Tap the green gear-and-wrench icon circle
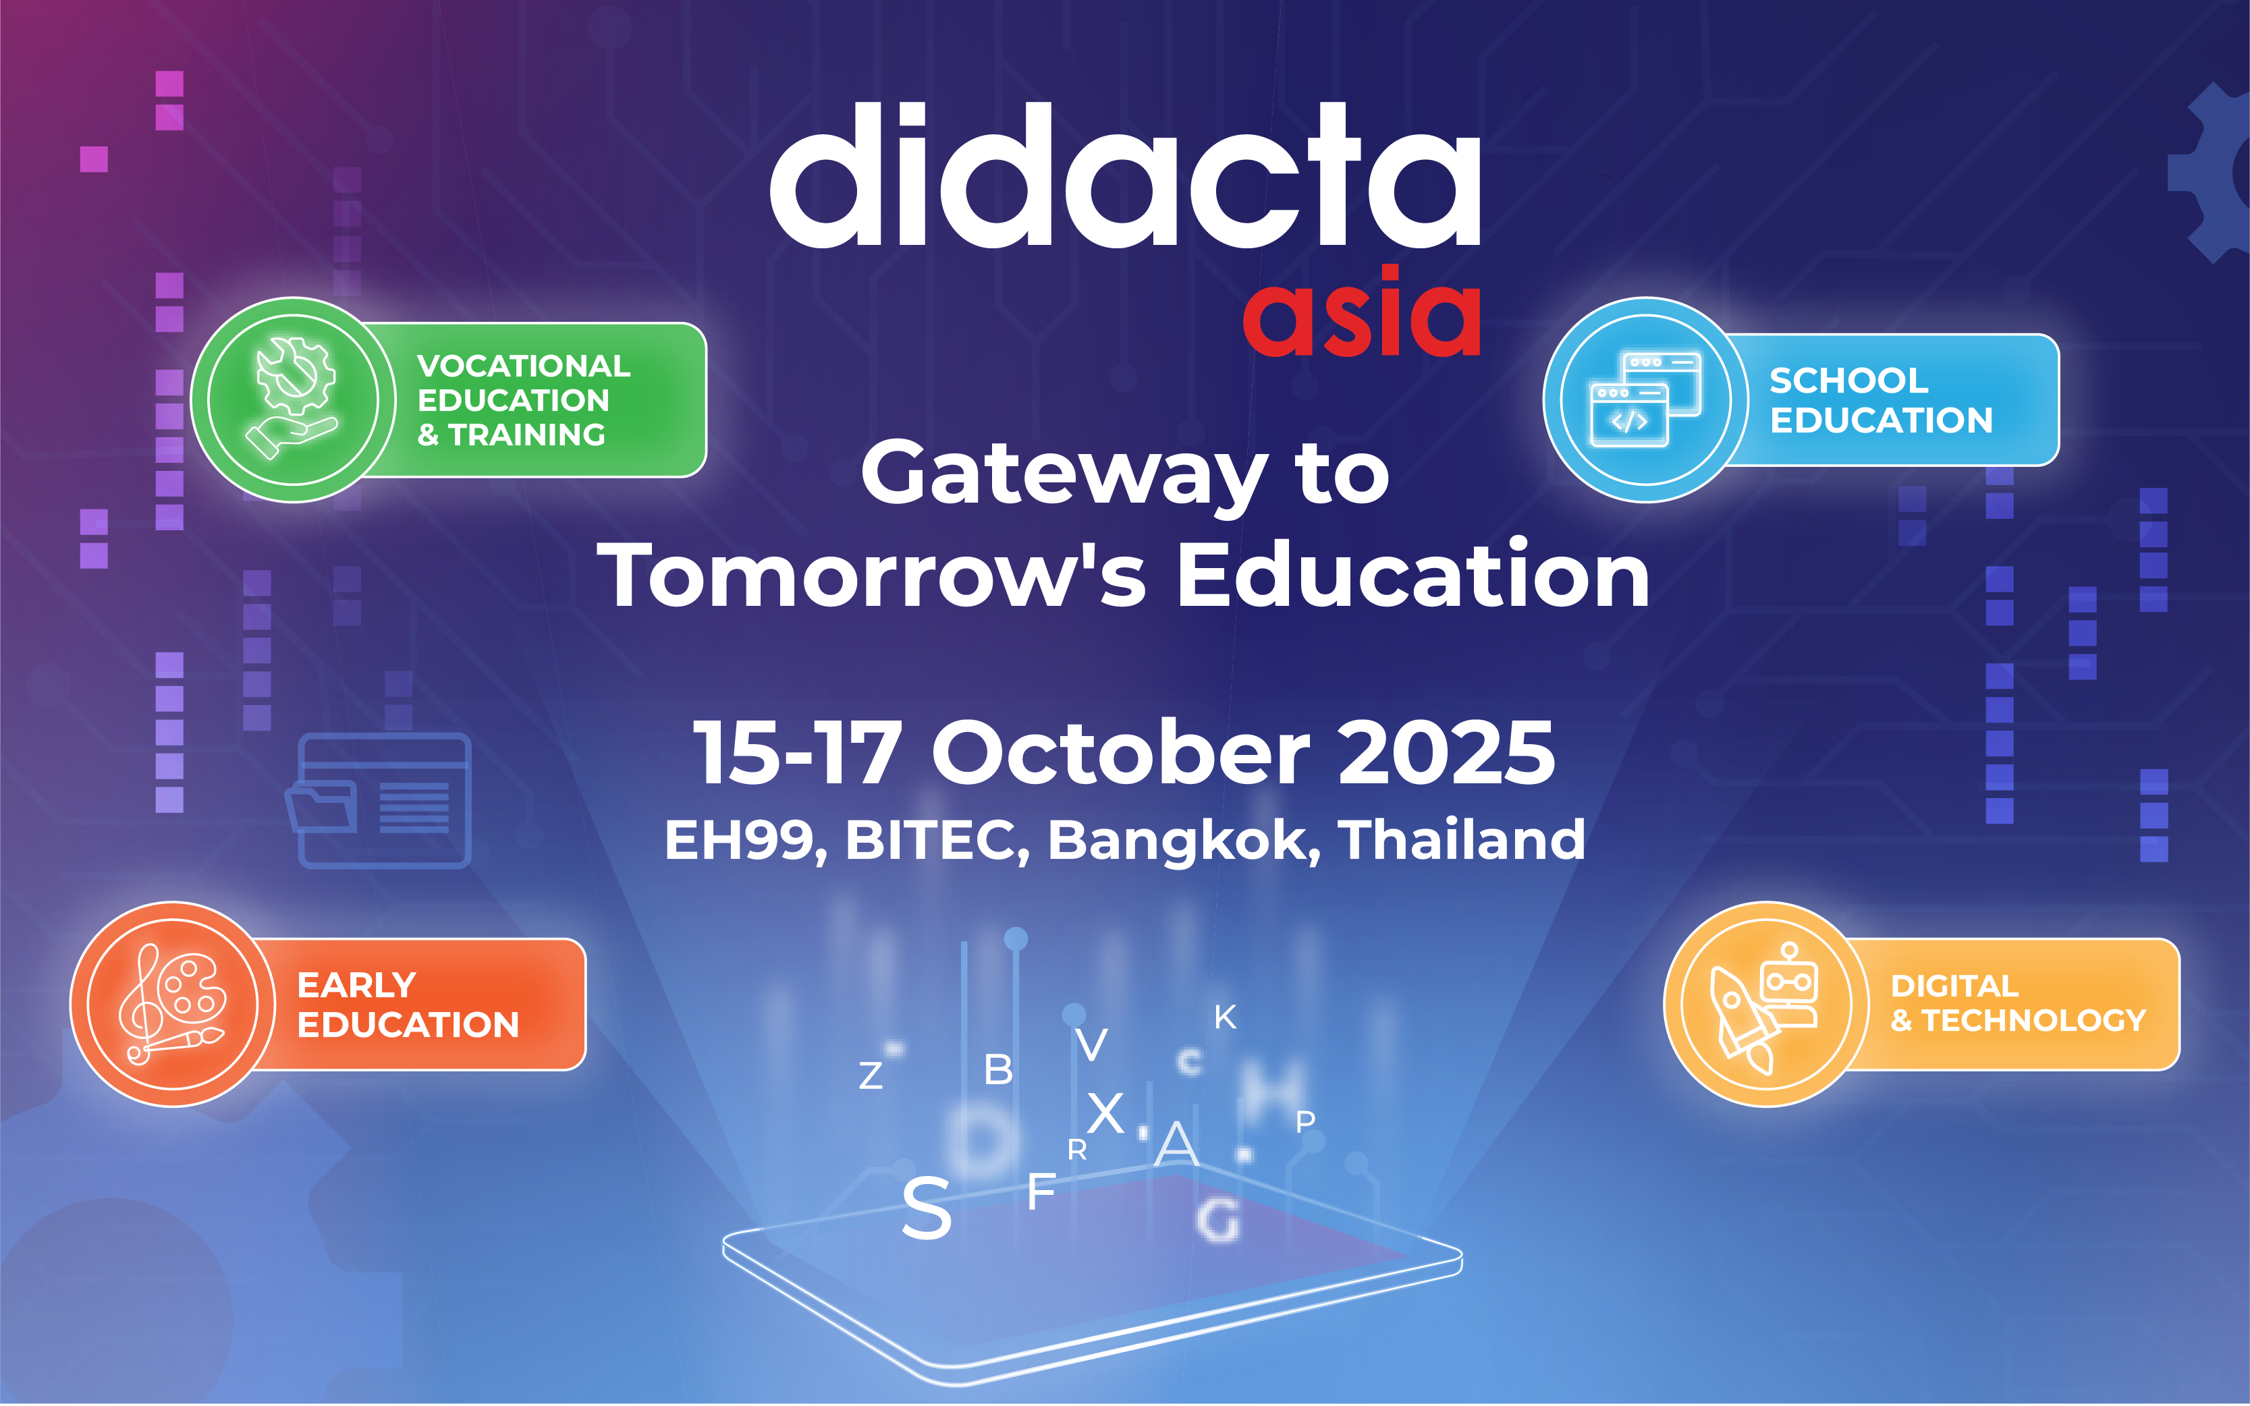point(294,400)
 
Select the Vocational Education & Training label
point(524,400)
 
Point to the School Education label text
point(1881,400)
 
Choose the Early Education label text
point(408,1005)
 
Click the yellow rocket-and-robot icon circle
point(1766,1005)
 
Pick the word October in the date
point(1121,752)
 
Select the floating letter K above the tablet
point(1225,1017)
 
